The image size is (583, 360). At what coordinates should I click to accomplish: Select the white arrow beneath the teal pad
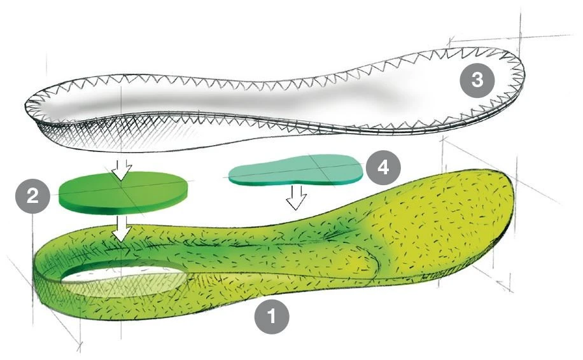tap(295, 197)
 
